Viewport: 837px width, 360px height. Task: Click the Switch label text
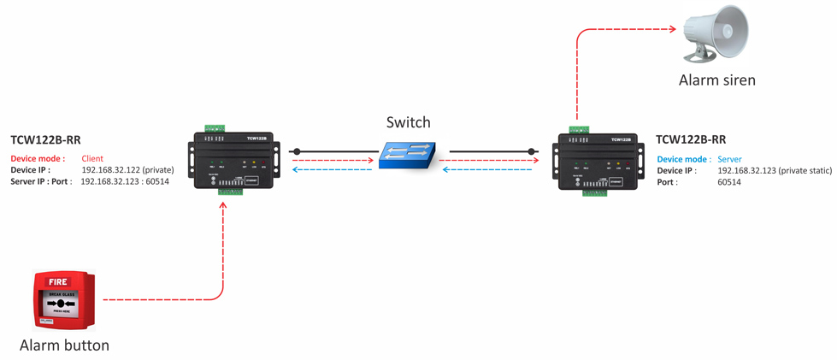[408, 122]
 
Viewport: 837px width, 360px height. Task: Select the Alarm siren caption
[717, 80]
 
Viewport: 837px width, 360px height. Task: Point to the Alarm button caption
[65, 345]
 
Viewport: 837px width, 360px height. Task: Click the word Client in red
[91, 159]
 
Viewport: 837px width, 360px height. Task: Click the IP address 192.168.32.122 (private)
[127, 170]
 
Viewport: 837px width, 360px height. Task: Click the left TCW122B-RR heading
[45, 139]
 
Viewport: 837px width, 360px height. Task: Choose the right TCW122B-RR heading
[691, 139]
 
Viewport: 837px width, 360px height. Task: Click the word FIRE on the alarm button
[58, 280]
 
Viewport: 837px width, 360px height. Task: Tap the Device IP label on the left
[31, 170]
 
